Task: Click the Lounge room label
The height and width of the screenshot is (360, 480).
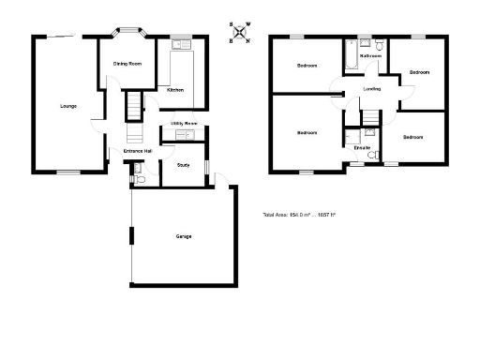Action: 67,106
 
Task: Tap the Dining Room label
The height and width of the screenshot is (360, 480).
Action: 127,64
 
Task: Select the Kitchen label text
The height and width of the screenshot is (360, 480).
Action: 174,90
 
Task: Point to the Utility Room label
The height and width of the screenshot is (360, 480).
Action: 183,124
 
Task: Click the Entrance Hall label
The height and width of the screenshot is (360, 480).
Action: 138,150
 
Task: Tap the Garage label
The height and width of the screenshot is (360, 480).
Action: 184,236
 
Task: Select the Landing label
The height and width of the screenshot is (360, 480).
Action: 370,90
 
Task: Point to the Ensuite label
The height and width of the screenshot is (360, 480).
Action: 362,147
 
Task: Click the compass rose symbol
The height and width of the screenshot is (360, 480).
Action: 241,34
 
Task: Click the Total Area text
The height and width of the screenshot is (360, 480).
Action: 299,216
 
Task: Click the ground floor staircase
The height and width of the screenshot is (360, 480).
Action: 132,106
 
